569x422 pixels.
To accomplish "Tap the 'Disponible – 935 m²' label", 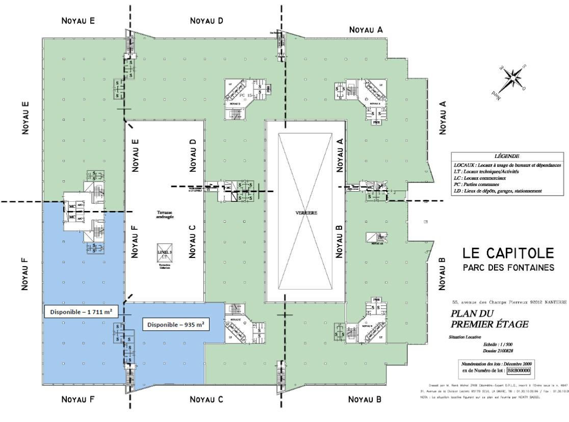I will (x=175, y=325).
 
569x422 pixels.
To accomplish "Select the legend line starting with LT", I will (x=493, y=172).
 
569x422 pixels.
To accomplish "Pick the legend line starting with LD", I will (x=498, y=191).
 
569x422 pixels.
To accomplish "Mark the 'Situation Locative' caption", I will (x=464, y=337).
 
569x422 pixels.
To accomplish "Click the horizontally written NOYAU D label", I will (x=206, y=21).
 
